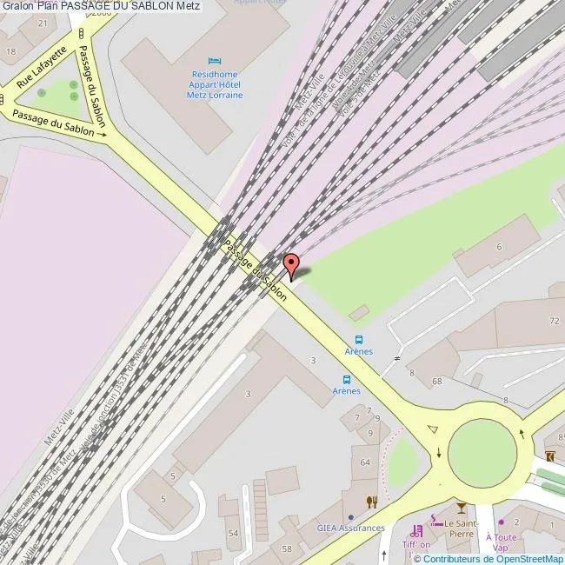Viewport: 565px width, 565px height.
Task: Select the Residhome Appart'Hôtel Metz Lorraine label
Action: [215, 84]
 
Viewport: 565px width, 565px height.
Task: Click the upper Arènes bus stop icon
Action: [360, 340]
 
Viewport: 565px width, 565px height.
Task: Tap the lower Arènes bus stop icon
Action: [347, 379]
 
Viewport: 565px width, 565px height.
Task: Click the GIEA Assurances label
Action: [350, 528]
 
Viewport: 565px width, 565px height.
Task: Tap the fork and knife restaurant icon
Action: [372, 502]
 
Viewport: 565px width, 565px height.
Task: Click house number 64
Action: [365, 462]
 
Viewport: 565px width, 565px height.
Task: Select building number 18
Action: [10, 51]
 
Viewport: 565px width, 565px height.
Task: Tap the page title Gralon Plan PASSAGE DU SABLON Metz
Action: [100, 6]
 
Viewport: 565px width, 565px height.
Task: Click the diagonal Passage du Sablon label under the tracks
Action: [256, 269]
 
